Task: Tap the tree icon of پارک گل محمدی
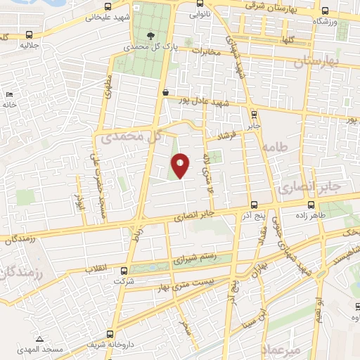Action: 149,35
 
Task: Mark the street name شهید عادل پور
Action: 205,103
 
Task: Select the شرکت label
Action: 124,281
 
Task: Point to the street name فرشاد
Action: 232,133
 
